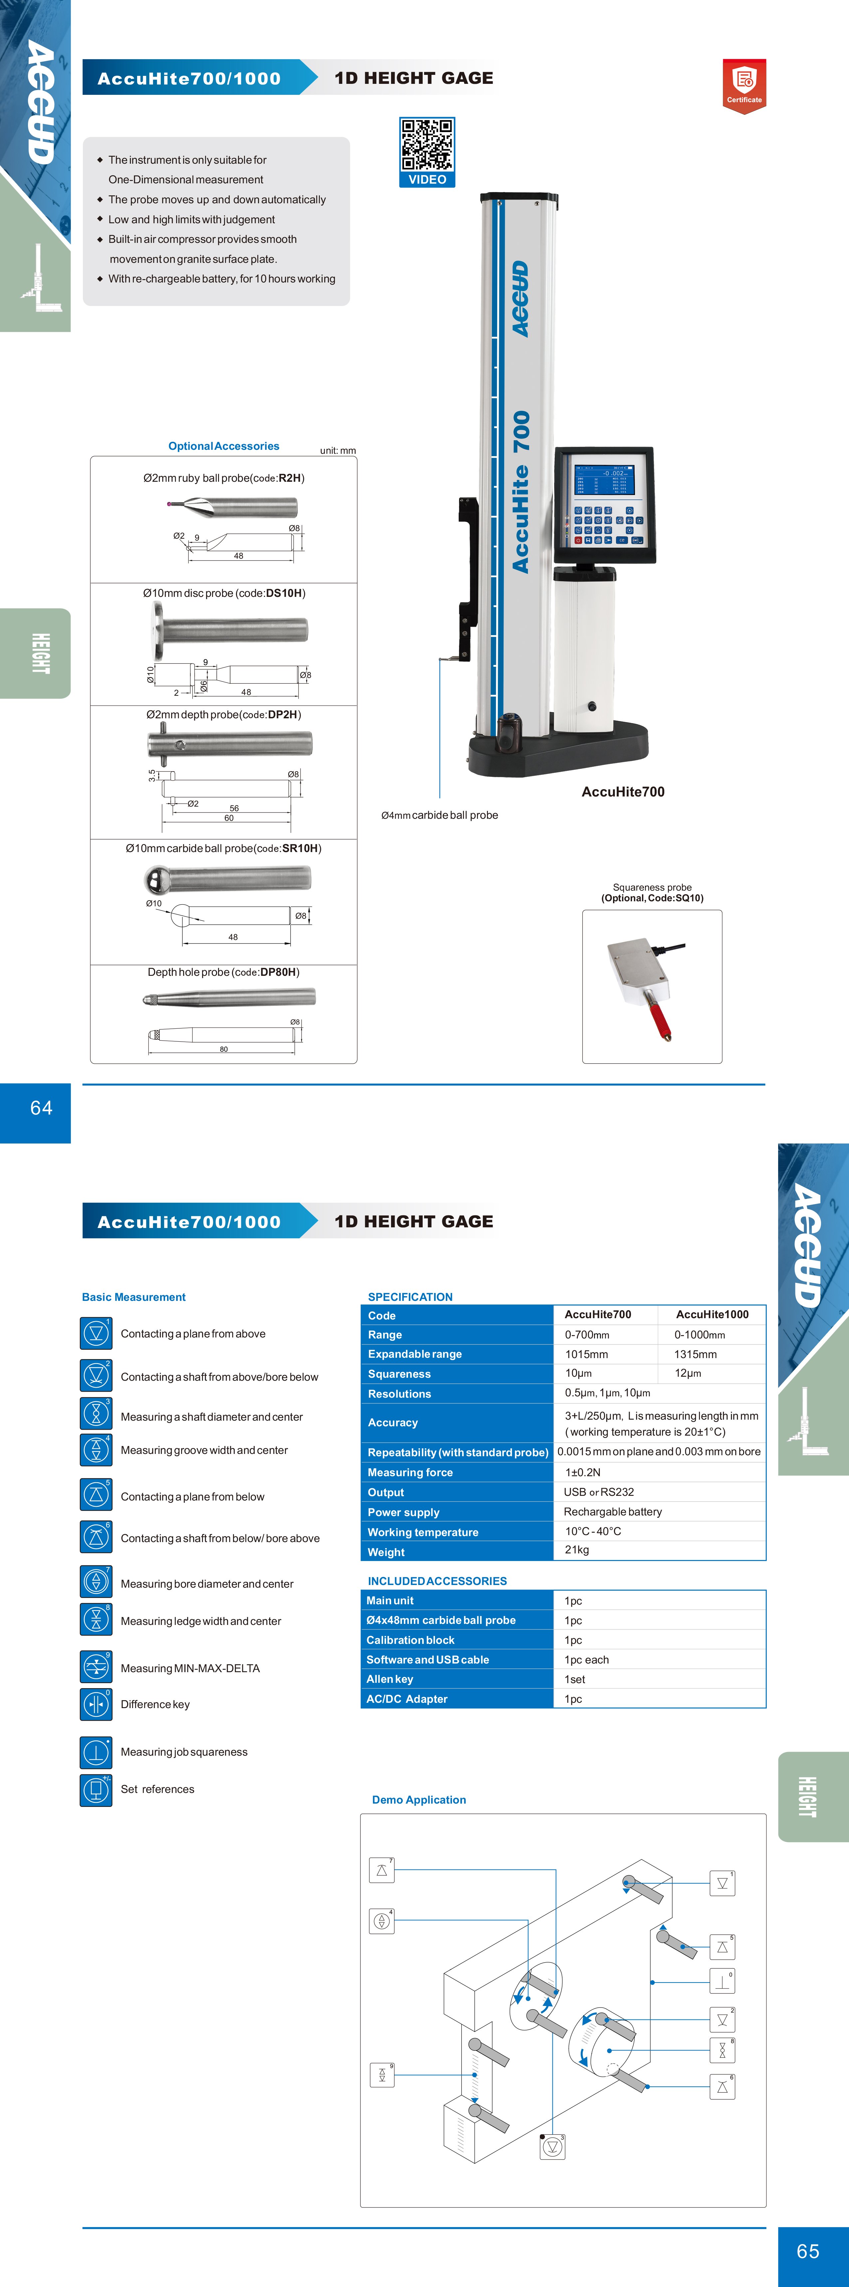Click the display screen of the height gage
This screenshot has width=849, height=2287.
(604, 479)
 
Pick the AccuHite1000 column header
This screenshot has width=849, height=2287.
(712, 1314)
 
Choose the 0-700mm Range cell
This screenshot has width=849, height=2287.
(587, 1334)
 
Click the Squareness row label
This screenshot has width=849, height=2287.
(400, 1373)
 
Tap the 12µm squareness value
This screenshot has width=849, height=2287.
(688, 1373)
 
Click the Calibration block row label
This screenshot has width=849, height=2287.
(410, 1640)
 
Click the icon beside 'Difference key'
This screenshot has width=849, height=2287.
(96, 1704)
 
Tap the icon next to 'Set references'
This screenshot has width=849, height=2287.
(96, 1789)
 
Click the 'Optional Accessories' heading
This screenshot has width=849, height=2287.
(224, 446)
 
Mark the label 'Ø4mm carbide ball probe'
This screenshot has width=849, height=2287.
(440, 815)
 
